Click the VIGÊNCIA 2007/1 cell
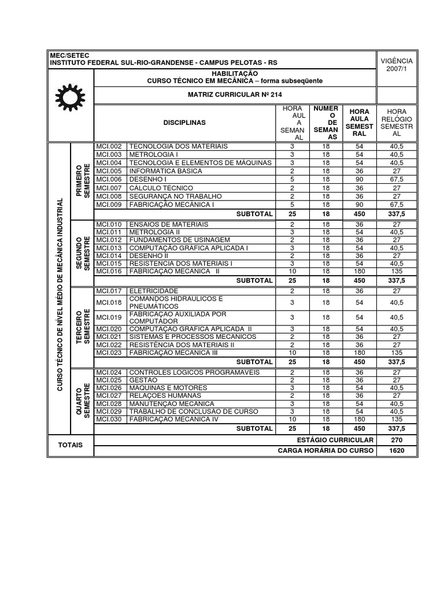(396, 65)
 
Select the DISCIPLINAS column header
(184, 123)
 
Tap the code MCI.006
(109, 179)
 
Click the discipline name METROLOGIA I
(154, 154)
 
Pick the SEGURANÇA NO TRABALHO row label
(171, 196)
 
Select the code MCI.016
(109, 271)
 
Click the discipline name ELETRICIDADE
(153, 291)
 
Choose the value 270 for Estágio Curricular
(396, 440)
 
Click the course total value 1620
(396, 450)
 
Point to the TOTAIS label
(69, 445)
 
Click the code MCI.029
(109, 412)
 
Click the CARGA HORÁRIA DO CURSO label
(326, 450)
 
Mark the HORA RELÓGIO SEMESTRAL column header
(396, 122)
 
